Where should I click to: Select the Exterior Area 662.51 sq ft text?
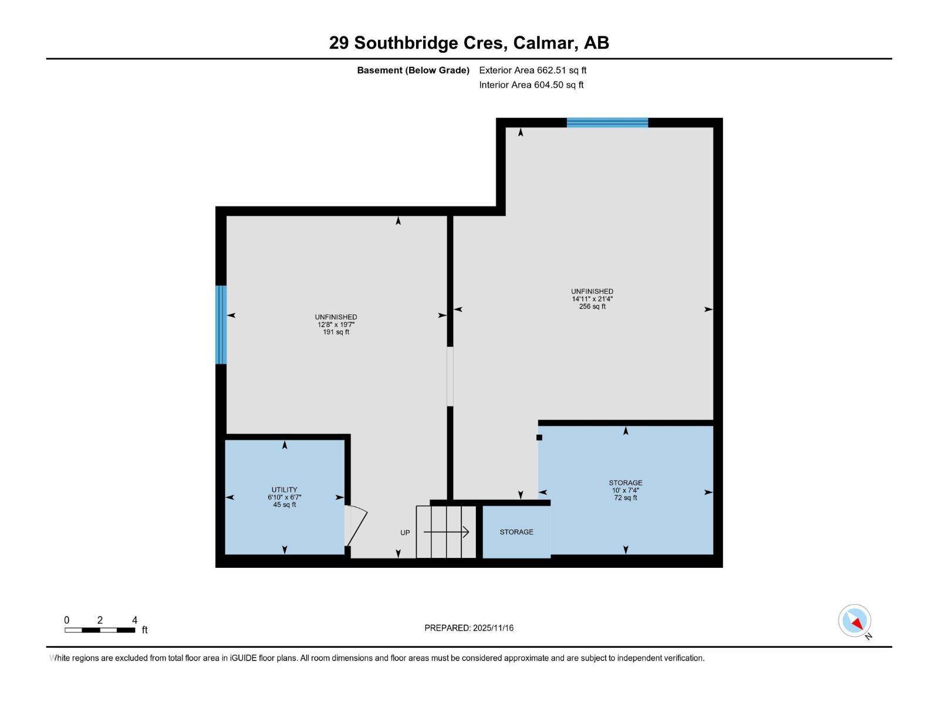[x=532, y=70]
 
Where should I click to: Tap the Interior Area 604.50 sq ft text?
[x=531, y=85]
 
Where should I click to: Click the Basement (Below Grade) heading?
[x=413, y=70]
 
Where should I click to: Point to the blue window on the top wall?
[x=607, y=123]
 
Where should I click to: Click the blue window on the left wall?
[x=221, y=324]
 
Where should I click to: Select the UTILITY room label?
[x=284, y=489]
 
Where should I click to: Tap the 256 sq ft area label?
[x=592, y=306]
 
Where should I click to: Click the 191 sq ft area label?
[x=336, y=332]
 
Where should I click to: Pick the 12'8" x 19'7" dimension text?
[x=336, y=324]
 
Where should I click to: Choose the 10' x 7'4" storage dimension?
[x=625, y=490]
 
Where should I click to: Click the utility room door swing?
[x=356, y=525]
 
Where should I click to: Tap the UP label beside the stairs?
[x=405, y=533]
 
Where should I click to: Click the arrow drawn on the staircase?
[x=447, y=532]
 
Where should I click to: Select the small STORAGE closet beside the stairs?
[x=516, y=532]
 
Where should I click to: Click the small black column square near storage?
[x=539, y=437]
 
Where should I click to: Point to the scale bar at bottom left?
[x=100, y=630]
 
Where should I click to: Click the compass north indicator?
[x=854, y=621]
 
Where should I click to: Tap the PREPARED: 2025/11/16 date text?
[x=469, y=628]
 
